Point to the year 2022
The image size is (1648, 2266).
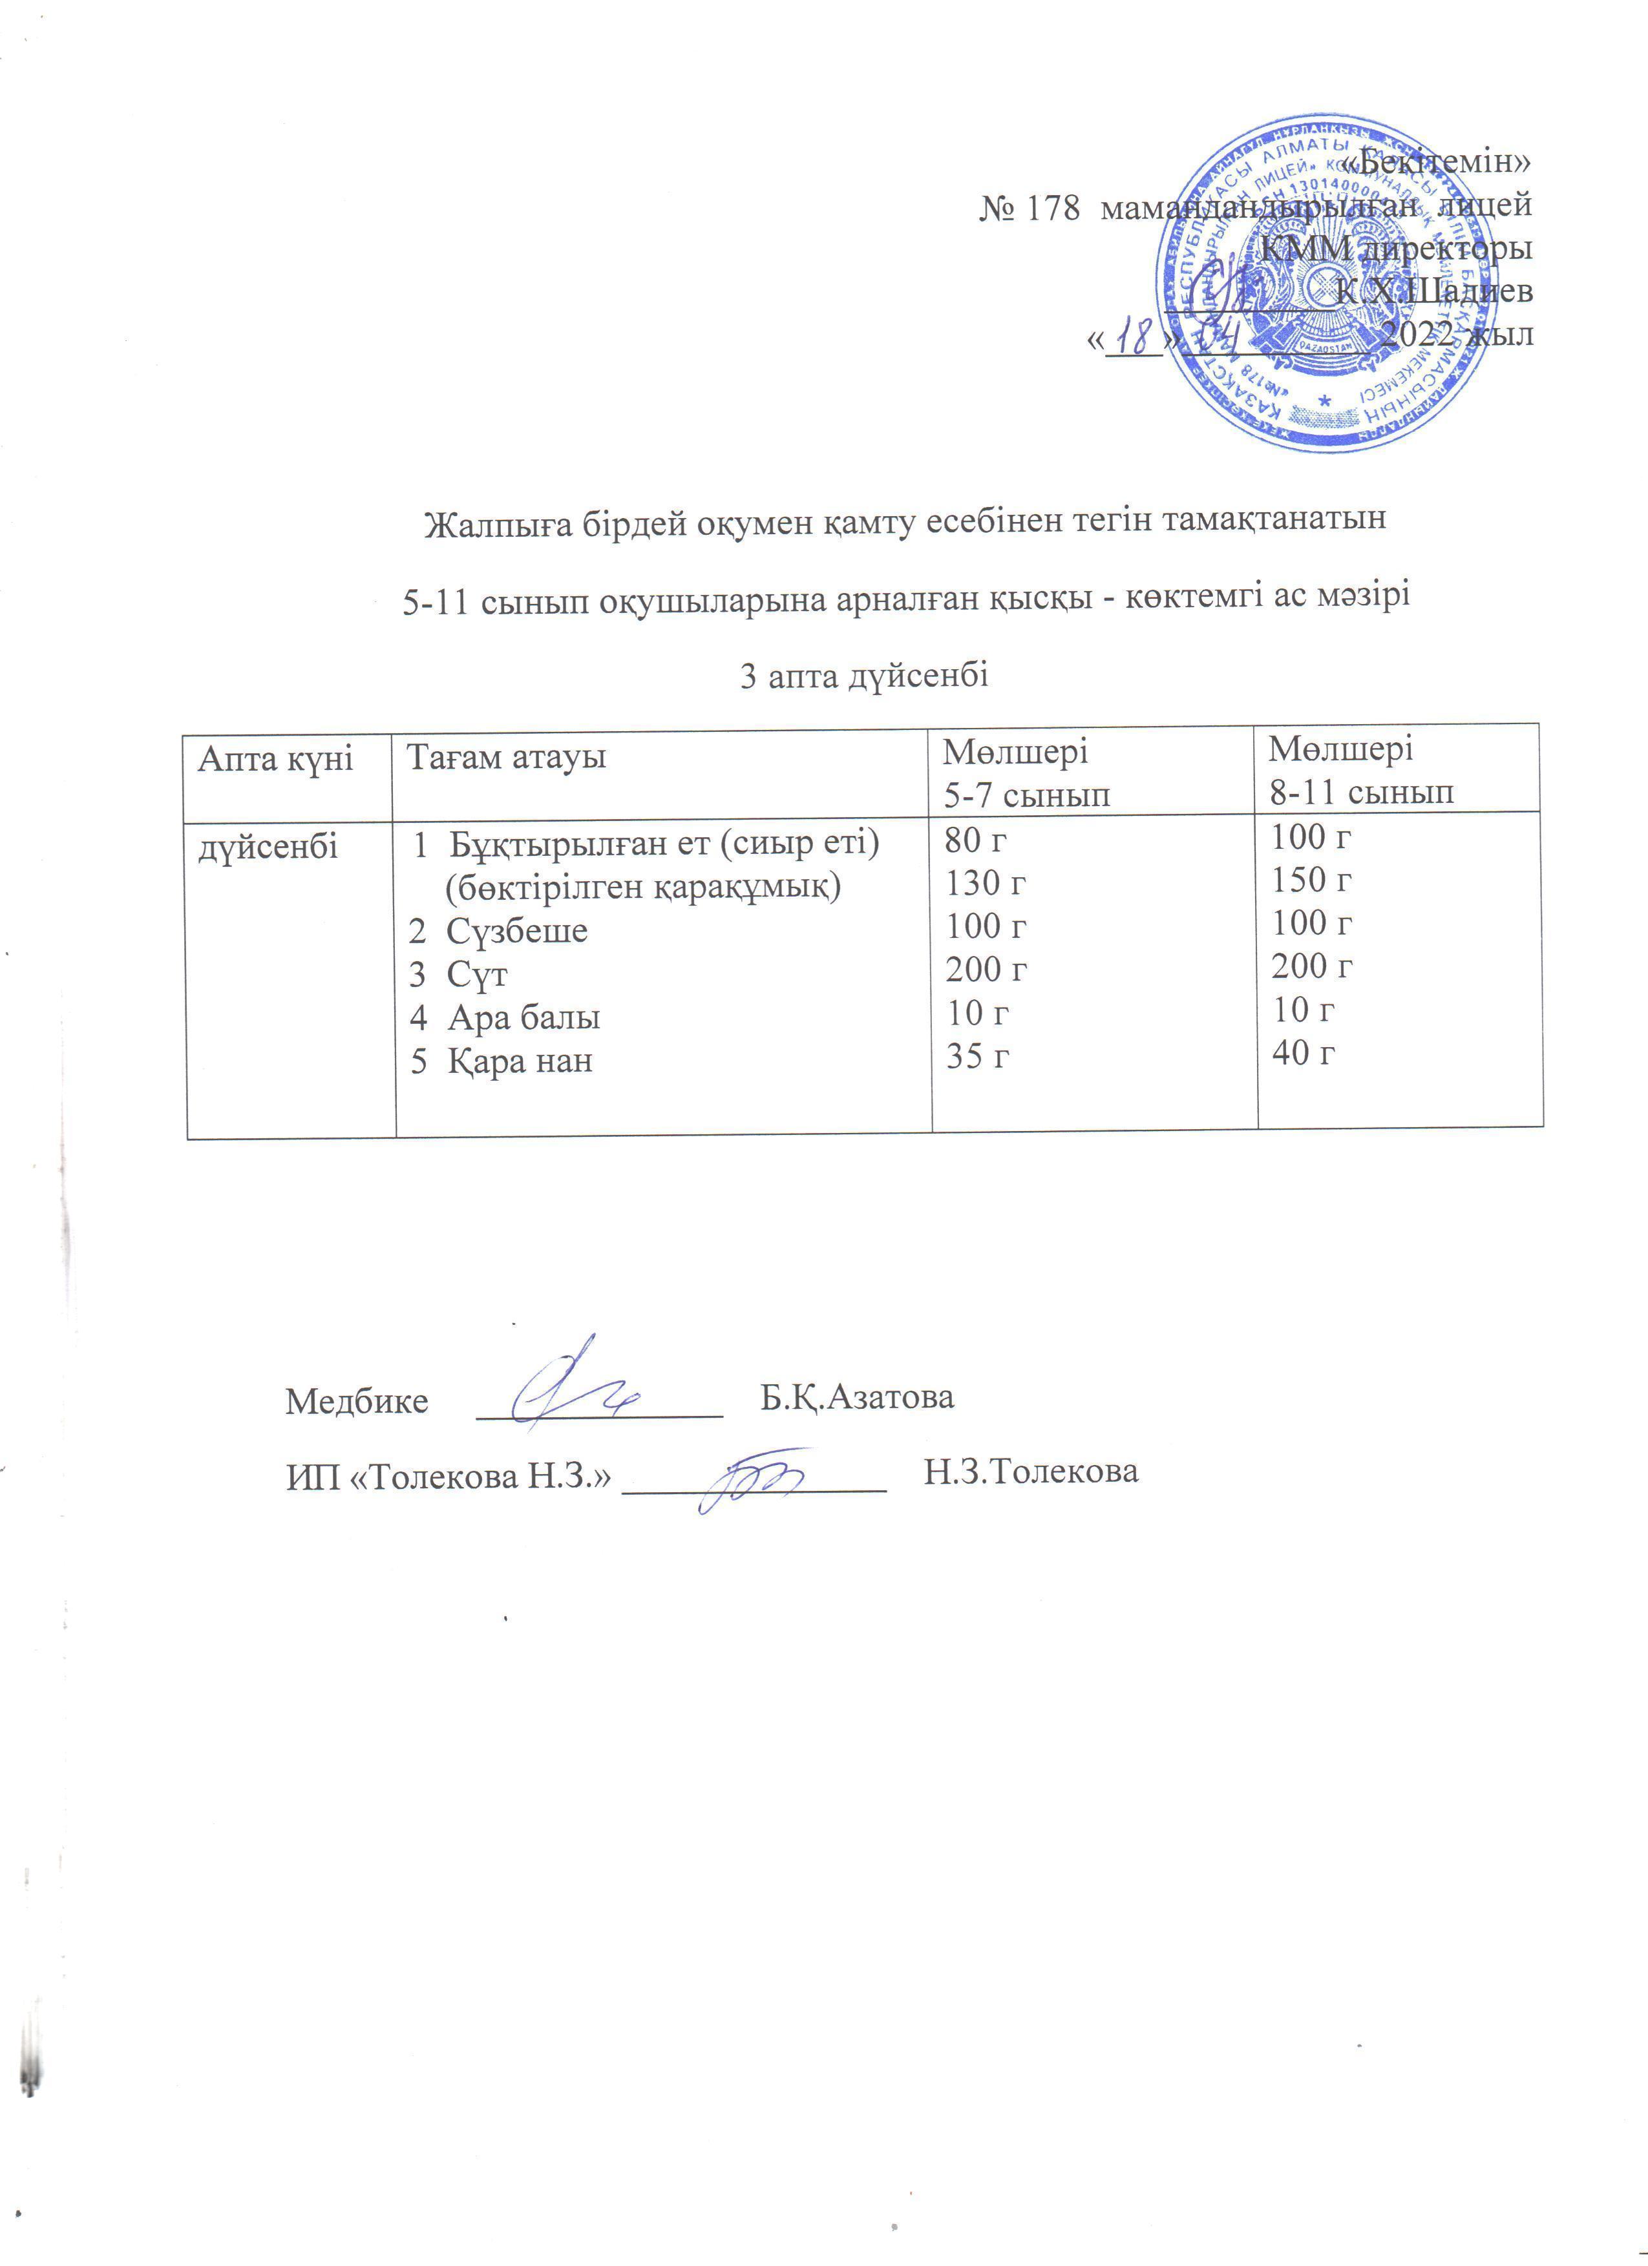pos(1416,334)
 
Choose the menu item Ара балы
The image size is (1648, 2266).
pos(523,1017)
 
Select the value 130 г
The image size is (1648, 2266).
pos(986,883)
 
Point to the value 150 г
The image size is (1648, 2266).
pos(1311,879)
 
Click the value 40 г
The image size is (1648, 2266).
pos(1302,1052)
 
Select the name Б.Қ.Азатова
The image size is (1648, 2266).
pos(856,1397)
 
